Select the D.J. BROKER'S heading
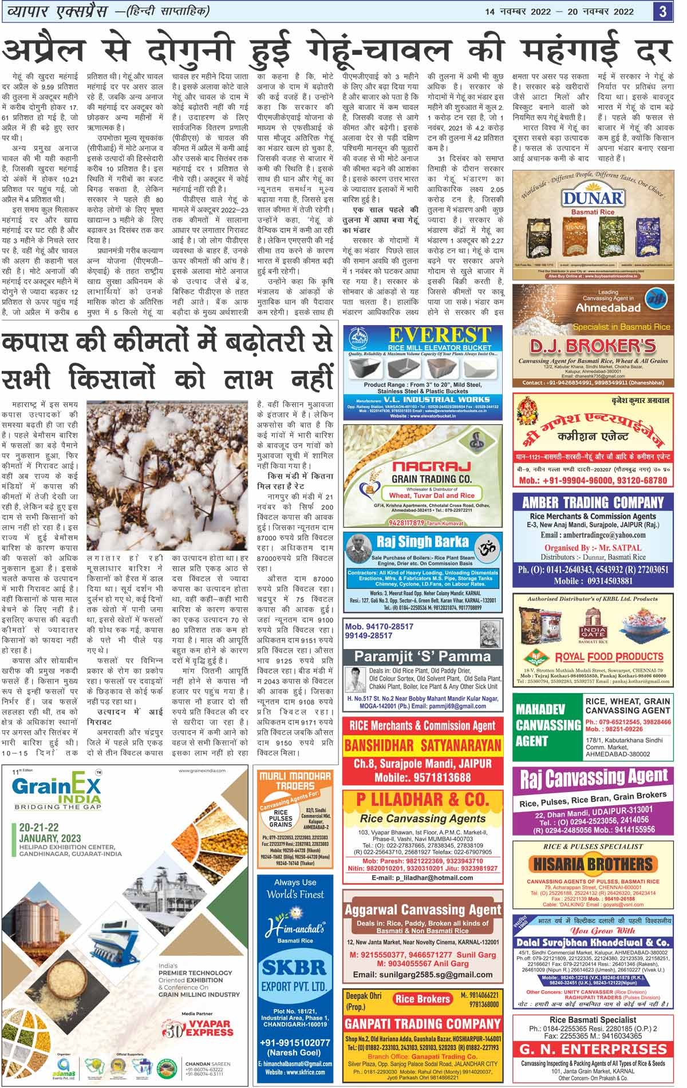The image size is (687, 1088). (x=593, y=347)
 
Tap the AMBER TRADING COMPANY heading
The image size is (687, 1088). (x=593, y=503)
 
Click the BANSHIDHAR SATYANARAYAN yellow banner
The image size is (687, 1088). (x=423, y=746)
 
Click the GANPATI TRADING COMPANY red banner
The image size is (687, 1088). (x=423, y=1023)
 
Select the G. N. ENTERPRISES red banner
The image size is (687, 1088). (x=593, y=1049)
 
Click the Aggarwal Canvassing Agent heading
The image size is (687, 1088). (x=423, y=909)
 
